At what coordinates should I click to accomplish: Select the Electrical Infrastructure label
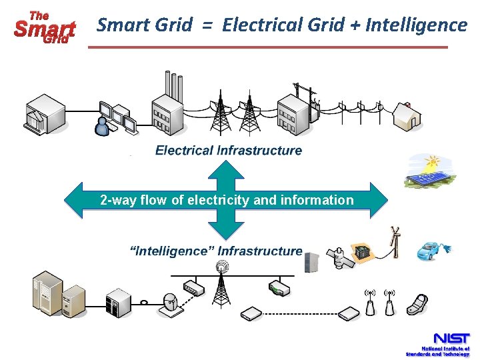coord(229,151)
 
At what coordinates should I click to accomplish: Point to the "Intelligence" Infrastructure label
coord(216,251)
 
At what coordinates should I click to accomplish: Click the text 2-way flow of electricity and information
coord(227,200)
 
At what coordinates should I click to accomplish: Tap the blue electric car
coord(433,250)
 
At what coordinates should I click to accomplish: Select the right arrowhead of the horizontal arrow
coord(379,200)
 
